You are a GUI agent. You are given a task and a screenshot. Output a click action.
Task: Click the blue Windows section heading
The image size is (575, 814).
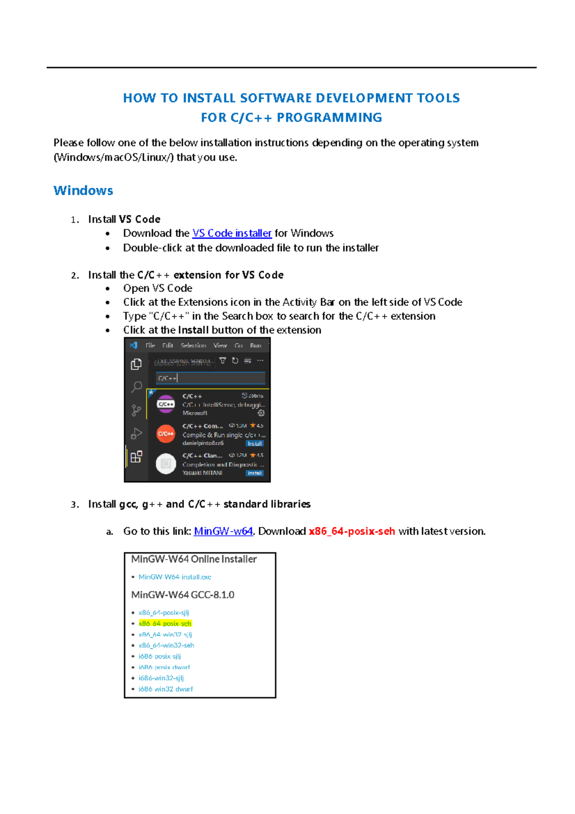click(x=83, y=191)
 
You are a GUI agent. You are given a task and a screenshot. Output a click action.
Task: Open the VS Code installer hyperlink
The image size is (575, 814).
click(x=232, y=233)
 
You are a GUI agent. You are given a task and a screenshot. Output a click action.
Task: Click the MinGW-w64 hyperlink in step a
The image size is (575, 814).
click(x=223, y=531)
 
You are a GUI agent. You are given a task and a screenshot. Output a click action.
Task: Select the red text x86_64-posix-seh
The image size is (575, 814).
click(x=352, y=531)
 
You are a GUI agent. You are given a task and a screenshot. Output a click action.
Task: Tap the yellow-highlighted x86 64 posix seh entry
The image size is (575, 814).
click(x=165, y=624)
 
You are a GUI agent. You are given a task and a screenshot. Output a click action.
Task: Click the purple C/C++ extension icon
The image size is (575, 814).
click(x=166, y=404)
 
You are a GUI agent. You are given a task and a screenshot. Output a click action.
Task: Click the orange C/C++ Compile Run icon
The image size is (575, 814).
click(x=166, y=434)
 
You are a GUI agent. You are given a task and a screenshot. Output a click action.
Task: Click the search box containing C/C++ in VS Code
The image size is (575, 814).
click(x=210, y=378)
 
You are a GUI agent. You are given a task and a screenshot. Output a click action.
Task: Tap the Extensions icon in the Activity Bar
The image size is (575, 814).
click(x=136, y=456)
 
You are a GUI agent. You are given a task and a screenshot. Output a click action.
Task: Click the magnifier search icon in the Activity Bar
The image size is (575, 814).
click(x=137, y=386)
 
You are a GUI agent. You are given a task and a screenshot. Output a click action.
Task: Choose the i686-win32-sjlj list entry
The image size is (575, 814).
click(x=161, y=678)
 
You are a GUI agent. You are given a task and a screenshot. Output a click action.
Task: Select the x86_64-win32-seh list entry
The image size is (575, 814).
click(x=166, y=645)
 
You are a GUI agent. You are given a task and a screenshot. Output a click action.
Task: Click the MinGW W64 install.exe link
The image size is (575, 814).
click(x=174, y=577)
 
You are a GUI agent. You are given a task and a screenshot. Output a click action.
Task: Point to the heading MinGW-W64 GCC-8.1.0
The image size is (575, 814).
click(x=183, y=595)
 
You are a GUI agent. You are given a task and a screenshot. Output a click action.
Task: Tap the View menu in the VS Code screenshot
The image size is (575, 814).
click(x=220, y=346)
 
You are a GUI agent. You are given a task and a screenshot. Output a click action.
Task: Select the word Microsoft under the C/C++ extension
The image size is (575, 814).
click(x=195, y=413)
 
